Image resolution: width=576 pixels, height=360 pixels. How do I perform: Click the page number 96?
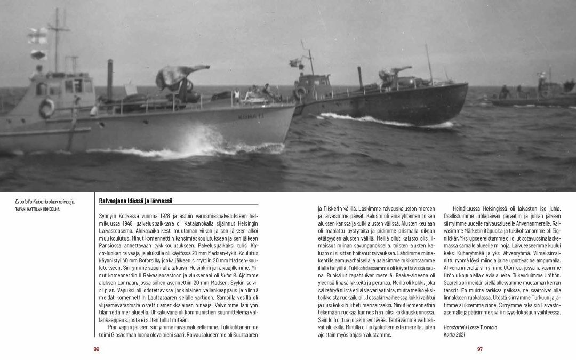tap(97, 349)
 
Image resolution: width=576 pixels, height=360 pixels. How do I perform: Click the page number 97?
tap(479, 349)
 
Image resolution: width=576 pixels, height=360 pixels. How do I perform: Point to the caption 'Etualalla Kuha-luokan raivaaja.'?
tap(45, 202)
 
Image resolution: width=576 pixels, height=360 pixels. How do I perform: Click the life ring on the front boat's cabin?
tap(46, 108)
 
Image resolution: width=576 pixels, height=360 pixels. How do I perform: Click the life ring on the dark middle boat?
tap(301, 92)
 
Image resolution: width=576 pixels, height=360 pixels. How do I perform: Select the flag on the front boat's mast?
tap(38, 36)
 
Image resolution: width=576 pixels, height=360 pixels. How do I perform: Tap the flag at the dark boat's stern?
tap(296, 62)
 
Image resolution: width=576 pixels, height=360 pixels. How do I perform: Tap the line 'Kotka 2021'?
tap(447, 334)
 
